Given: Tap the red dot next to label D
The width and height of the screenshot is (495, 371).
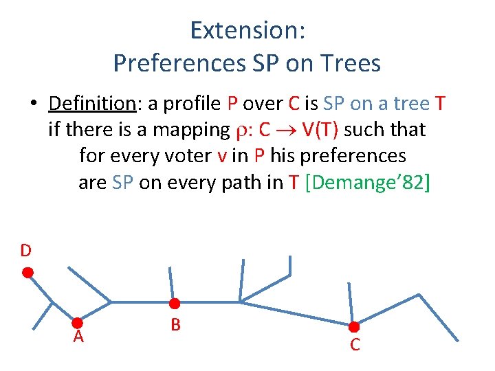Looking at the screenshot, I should [x=28, y=273].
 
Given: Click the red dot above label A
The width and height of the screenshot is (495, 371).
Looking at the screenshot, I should [x=78, y=322].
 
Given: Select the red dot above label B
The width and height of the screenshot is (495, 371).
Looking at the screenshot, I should [x=175, y=304].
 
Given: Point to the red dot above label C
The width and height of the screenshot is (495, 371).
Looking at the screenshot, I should [x=354, y=327].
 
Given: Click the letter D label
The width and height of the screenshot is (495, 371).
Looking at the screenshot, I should [x=25, y=251].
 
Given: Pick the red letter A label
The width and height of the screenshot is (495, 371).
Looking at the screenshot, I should [x=79, y=337].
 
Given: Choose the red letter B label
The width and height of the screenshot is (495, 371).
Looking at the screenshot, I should [x=175, y=324].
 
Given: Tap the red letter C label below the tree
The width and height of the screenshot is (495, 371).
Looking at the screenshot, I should [x=355, y=345].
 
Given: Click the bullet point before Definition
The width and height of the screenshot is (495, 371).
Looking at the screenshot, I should [x=33, y=104].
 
